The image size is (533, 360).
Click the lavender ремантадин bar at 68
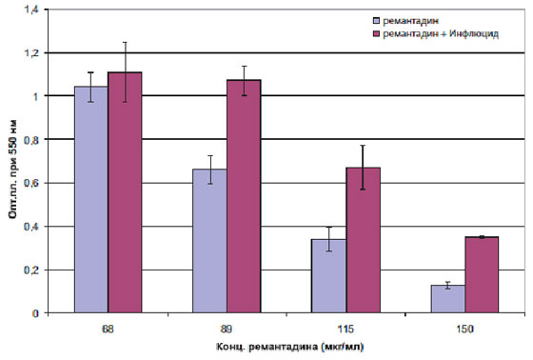[x=91, y=199]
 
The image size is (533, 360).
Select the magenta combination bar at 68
[x=125, y=192]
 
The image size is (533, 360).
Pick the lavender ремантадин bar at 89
[x=209, y=241]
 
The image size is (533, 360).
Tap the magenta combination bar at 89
[x=244, y=196]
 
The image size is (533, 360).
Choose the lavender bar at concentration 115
[x=328, y=276]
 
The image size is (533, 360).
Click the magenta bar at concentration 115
[x=364, y=240]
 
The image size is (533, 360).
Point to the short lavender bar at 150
[x=448, y=299]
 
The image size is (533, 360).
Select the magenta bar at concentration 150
[x=482, y=274]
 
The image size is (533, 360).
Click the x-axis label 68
[x=108, y=330]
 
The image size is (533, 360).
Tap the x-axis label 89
[x=227, y=330]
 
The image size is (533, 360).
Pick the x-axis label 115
[x=345, y=330]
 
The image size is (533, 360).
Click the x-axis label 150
[x=464, y=330]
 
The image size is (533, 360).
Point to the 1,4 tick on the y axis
[x=31, y=10]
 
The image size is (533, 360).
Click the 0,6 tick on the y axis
[x=31, y=183]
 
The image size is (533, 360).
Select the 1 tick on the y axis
[x=36, y=96]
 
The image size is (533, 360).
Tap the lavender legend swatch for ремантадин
[x=376, y=21]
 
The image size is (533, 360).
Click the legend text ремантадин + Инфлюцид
[x=441, y=34]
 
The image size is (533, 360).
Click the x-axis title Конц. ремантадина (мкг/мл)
[x=290, y=347]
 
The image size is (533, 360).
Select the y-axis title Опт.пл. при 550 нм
[x=13, y=170]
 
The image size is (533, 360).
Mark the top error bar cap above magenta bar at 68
[x=125, y=42]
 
